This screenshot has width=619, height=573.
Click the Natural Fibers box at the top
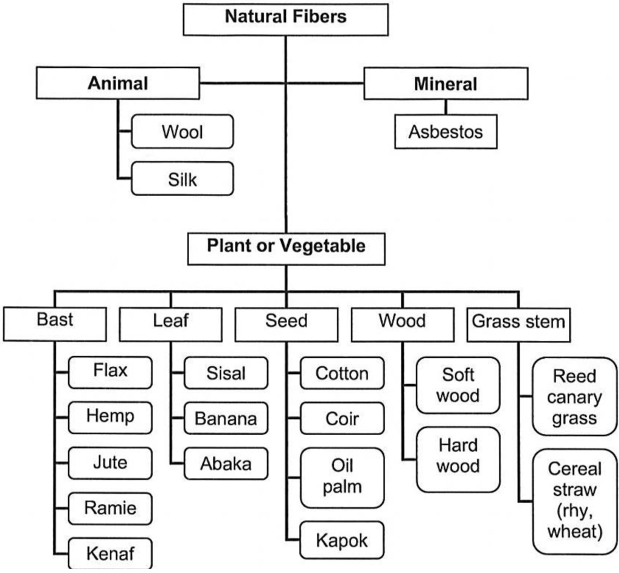coord(286,18)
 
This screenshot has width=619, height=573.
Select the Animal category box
coord(118,83)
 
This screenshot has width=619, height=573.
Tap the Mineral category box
coord(446,83)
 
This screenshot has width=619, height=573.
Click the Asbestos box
coord(446,132)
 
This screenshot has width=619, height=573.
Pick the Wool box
coord(182,131)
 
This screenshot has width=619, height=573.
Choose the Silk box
coord(182,179)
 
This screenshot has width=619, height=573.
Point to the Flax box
coord(110,371)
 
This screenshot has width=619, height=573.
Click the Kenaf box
coord(110,552)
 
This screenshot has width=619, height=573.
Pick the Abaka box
coord(225,464)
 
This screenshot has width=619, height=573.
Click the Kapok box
coord(342,540)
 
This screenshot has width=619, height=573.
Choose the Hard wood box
coord(458,457)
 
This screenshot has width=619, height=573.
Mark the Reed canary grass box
coord(575,397)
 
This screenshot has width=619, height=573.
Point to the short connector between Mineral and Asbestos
coord(446,106)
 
